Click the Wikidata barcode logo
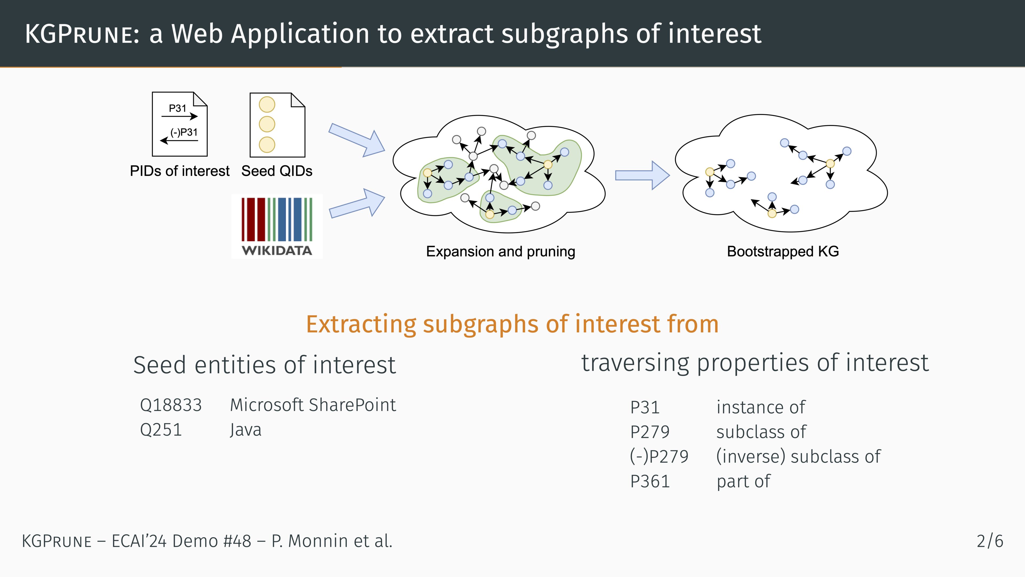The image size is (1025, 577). coord(277,226)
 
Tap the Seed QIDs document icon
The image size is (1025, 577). coord(277,125)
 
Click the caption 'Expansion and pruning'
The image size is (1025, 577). coord(500,252)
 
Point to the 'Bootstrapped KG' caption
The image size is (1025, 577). coord(783,252)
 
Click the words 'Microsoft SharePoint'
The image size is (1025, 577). coord(313,405)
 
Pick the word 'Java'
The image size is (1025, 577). coord(246,430)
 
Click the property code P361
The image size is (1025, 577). coord(650,481)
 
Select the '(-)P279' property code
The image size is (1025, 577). coord(659,456)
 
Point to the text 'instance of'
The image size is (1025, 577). coord(760,407)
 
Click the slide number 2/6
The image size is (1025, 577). coord(990,541)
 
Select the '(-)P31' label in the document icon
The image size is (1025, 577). coord(184,132)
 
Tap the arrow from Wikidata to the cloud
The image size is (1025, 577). coord(357,203)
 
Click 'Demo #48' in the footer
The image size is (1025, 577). coord(212,541)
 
